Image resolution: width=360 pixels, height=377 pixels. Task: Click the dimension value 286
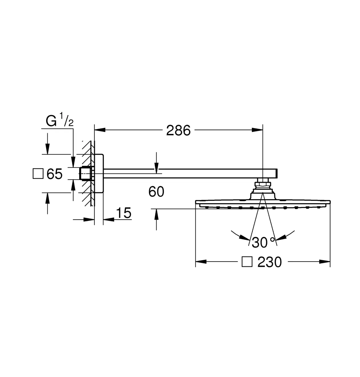pos(178,131)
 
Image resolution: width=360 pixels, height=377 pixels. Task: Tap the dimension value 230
pos(269,262)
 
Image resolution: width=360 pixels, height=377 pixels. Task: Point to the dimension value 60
pos(156,191)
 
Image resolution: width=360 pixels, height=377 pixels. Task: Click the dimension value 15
pos(124,213)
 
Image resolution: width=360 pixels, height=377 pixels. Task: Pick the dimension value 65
pos(55,174)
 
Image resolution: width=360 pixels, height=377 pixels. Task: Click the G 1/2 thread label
pos(59,120)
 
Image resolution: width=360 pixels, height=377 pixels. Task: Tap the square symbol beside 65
pos(38,174)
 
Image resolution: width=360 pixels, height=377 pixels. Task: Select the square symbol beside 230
pos(247,262)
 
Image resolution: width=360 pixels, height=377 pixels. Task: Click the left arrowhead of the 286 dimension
pos(100,130)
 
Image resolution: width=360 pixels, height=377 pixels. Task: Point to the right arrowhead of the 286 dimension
pos(257,130)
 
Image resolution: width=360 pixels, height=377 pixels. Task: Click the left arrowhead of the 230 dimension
pos(201,262)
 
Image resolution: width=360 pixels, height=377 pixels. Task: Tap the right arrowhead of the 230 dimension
pos(325,262)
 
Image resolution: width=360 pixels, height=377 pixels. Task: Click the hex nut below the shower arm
pos(263,184)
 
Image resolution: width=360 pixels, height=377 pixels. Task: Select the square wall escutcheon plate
pos(99,173)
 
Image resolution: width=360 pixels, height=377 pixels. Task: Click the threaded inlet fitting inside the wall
pos(85,174)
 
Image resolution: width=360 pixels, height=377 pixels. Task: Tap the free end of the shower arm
pos(277,173)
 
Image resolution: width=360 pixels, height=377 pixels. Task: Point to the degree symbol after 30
pos(273,239)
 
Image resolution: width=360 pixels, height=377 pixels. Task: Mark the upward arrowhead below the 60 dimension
pos(156,214)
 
